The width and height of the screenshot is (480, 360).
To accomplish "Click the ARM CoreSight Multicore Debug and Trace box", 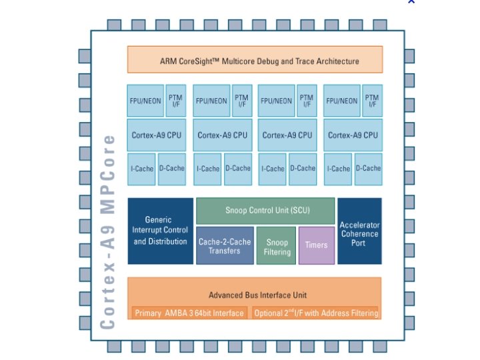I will click(255, 60).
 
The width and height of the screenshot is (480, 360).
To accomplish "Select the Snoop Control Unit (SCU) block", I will click(265, 211).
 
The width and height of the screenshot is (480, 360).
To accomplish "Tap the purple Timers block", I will click(317, 245).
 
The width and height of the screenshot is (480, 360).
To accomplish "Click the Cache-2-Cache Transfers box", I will click(225, 246).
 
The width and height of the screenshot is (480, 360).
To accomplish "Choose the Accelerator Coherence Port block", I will click(359, 231).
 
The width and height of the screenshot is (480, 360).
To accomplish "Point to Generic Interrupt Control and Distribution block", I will click(160, 231).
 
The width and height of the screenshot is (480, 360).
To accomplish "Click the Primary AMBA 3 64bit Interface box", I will click(189, 313).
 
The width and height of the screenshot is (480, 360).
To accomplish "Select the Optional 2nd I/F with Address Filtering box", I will click(316, 313).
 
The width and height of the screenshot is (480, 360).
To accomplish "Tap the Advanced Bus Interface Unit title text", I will click(257, 295).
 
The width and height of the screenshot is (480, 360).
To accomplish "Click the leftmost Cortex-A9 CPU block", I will click(156, 135).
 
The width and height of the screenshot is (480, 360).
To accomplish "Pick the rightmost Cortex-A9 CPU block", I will click(353, 135).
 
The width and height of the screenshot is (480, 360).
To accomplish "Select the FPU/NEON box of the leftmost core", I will click(145, 101).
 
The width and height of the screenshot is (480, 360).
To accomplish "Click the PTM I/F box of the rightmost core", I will click(372, 101).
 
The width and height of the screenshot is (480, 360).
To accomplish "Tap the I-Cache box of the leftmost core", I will click(141, 169).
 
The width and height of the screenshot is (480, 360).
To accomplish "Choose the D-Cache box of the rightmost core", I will click(368, 169).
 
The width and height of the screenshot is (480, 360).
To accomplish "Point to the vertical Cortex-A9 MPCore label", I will click(108, 231).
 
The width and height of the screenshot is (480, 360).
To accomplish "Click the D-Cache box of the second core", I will click(237, 169).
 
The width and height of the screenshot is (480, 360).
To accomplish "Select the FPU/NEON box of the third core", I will click(276, 101).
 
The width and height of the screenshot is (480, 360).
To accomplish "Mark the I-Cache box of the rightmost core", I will click(338, 169).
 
